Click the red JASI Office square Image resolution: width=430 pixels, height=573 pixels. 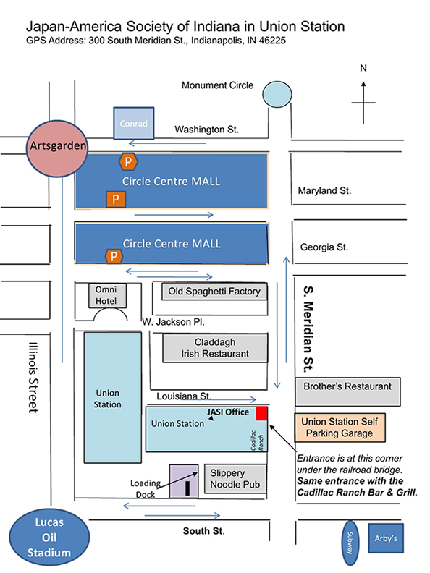261,413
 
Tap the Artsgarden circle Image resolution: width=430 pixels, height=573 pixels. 57,149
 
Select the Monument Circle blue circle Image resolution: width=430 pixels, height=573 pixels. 277,94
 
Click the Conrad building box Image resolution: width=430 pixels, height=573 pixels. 134,123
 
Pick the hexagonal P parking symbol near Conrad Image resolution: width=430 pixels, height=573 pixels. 128,161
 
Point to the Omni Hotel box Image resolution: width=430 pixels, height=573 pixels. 107,295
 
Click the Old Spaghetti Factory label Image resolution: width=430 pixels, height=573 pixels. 214,292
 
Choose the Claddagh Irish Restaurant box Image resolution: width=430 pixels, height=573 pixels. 215,348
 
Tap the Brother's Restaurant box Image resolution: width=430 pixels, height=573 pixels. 347,391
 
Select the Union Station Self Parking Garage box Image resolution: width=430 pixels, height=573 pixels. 340,428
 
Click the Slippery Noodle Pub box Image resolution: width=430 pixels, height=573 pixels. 235,479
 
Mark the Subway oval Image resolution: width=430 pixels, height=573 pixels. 350,543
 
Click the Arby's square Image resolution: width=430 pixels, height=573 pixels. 386,538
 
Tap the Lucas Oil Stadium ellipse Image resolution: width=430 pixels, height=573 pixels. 49,537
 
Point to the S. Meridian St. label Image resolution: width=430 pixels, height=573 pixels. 308,329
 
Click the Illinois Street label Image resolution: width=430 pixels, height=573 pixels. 33,378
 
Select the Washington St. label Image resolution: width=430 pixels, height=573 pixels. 206,130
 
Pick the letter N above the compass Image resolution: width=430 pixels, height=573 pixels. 363,68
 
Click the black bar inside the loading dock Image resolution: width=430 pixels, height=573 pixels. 187,488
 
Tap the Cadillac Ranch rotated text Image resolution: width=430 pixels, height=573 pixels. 257,441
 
